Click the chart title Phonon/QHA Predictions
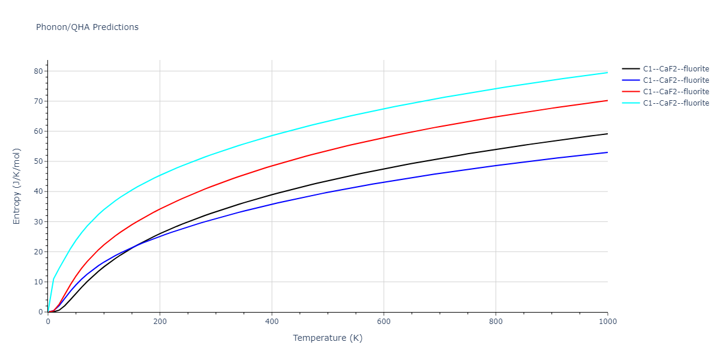(x=87, y=27)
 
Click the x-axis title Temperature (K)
(x=328, y=338)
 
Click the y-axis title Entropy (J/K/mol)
(x=17, y=186)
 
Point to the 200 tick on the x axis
(x=160, y=322)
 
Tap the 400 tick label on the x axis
(x=272, y=322)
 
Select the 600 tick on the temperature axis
(x=384, y=322)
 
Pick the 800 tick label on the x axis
(x=496, y=322)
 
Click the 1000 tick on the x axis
(x=608, y=322)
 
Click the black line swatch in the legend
(x=630, y=68)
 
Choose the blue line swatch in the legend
(x=630, y=80)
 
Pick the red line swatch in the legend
(x=630, y=91)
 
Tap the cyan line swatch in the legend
(x=630, y=103)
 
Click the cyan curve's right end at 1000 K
(x=607, y=73)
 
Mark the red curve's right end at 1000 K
(x=607, y=100)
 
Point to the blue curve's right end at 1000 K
(x=607, y=152)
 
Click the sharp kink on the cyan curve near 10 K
(x=53, y=279)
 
